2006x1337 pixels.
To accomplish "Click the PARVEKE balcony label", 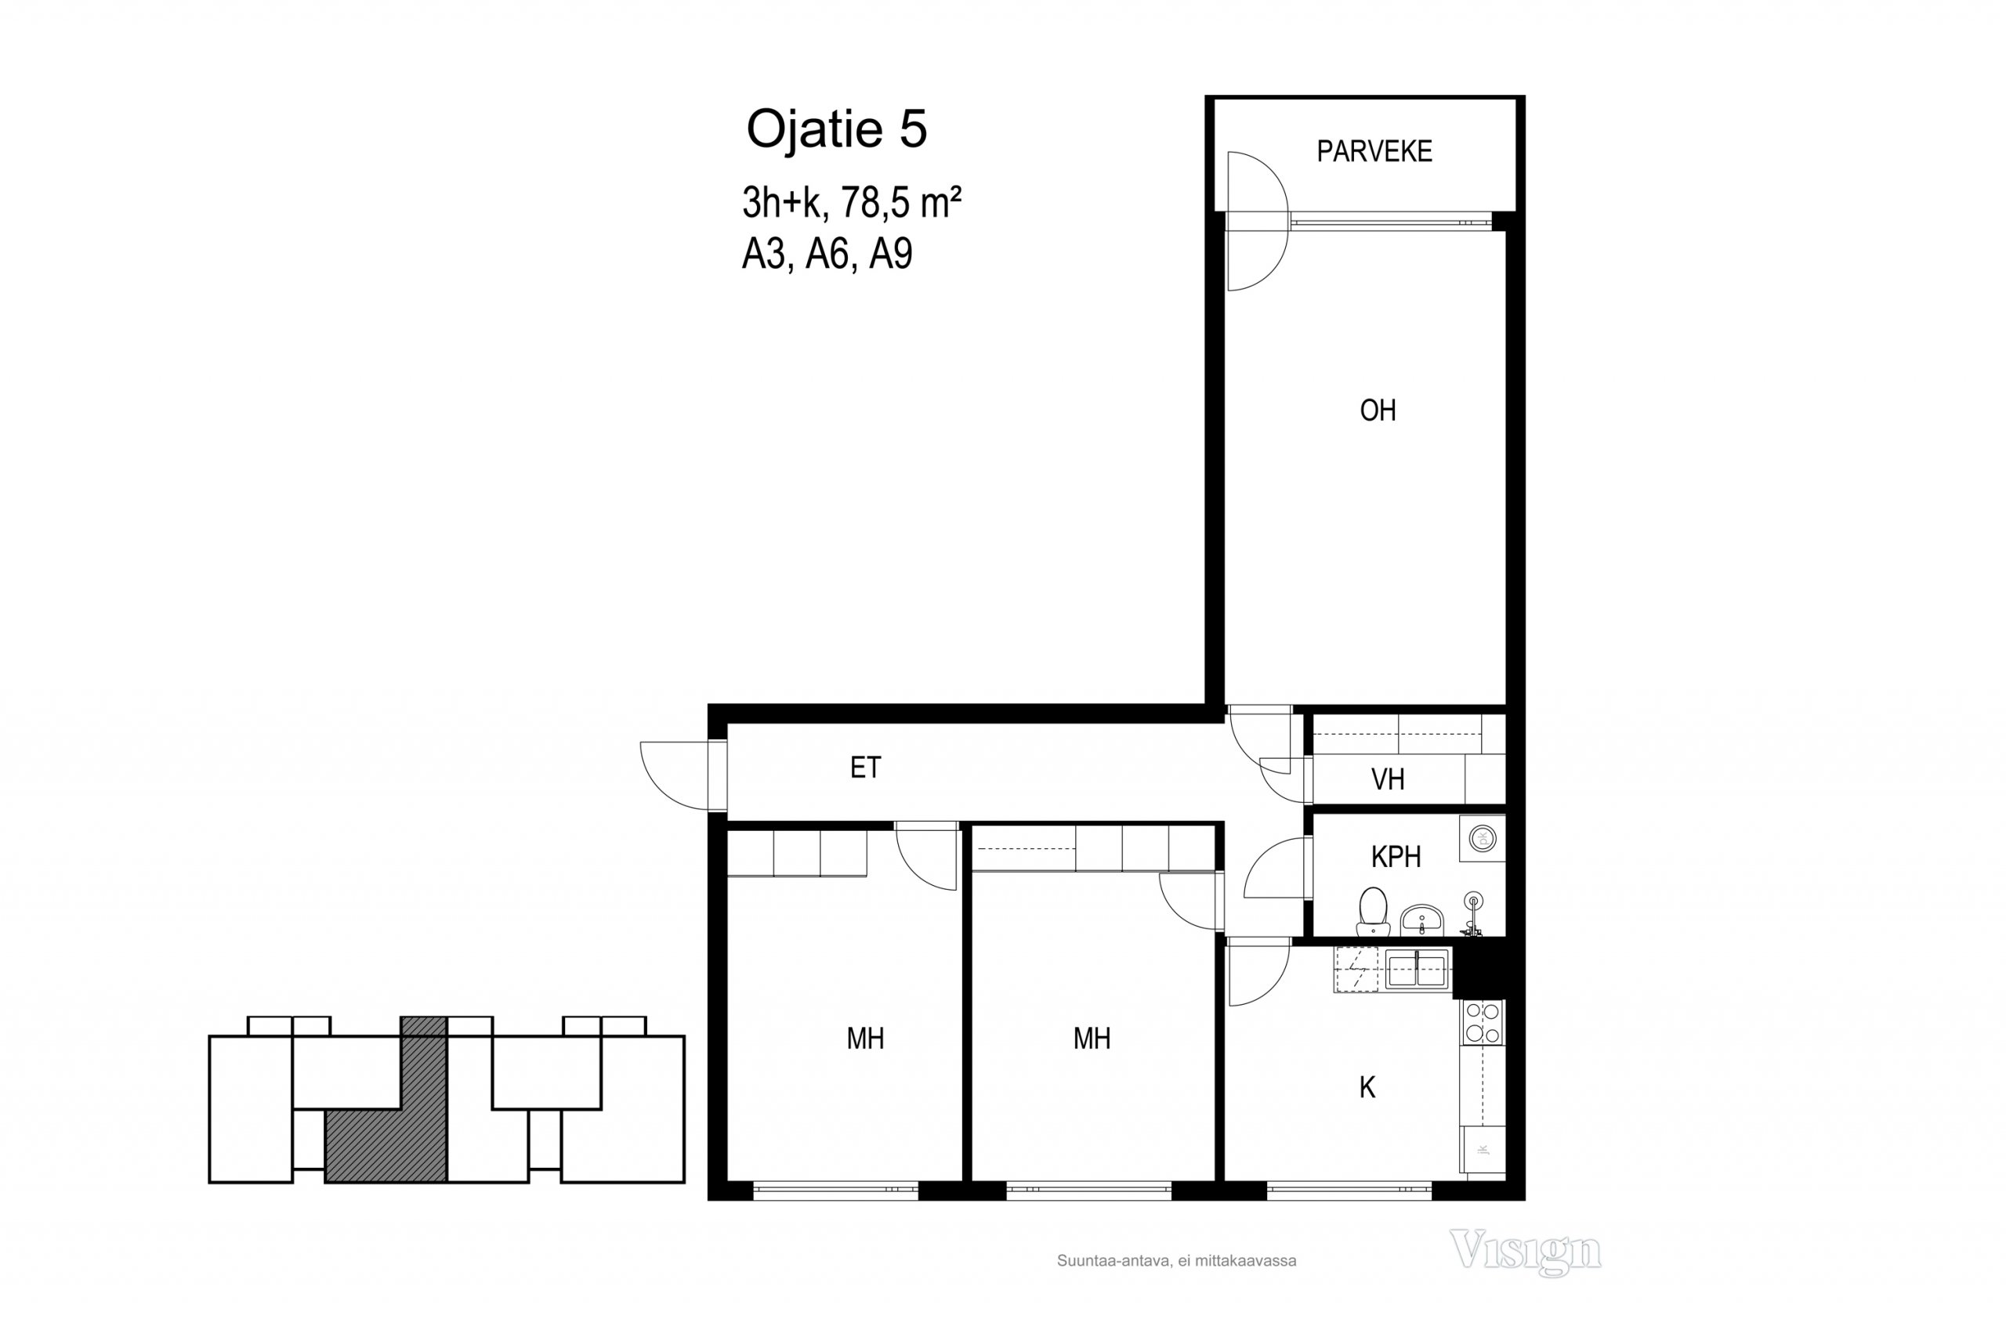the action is tap(1374, 151).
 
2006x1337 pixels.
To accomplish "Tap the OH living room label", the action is tap(1378, 410).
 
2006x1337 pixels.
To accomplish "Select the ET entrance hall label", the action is tap(865, 768).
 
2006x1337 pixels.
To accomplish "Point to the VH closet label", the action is tap(1388, 779).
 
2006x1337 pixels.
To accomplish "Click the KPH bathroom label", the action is tap(1396, 856).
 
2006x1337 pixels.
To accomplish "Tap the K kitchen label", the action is tap(1367, 1087).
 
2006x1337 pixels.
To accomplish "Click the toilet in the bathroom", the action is tap(1372, 911).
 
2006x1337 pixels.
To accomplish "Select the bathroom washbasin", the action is tap(1421, 920).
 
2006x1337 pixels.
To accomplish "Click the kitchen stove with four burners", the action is tap(1483, 1022).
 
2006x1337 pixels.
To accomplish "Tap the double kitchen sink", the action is tap(1417, 970).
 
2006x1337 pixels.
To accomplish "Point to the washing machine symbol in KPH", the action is tap(1483, 838).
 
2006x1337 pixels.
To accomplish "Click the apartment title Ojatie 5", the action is tap(837, 128).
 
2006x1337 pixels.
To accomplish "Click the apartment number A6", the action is tap(827, 253).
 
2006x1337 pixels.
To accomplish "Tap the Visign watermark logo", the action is tap(1525, 1251).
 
